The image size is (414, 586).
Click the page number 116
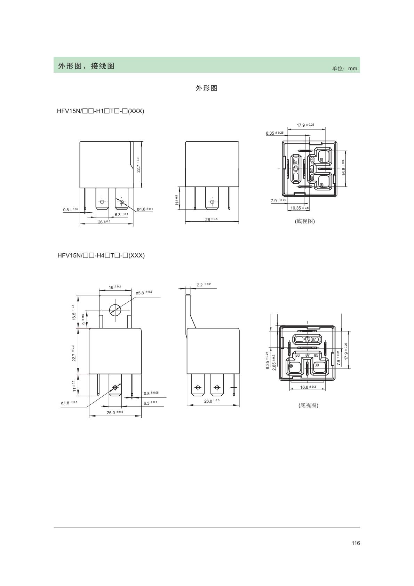click(x=356, y=543)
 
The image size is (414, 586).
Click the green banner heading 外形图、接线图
click(x=86, y=66)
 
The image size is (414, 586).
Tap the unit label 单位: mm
click(x=344, y=68)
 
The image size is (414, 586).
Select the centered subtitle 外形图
click(x=206, y=88)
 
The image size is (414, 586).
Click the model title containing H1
click(x=101, y=111)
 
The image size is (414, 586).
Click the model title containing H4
click(x=101, y=255)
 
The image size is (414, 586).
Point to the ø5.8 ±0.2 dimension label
click(x=144, y=292)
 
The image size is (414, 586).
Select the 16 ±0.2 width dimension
click(x=115, y=287)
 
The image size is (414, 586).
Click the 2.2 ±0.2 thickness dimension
click(x=204, y=284)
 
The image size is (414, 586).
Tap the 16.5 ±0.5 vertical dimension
click(x=74, y=312)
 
